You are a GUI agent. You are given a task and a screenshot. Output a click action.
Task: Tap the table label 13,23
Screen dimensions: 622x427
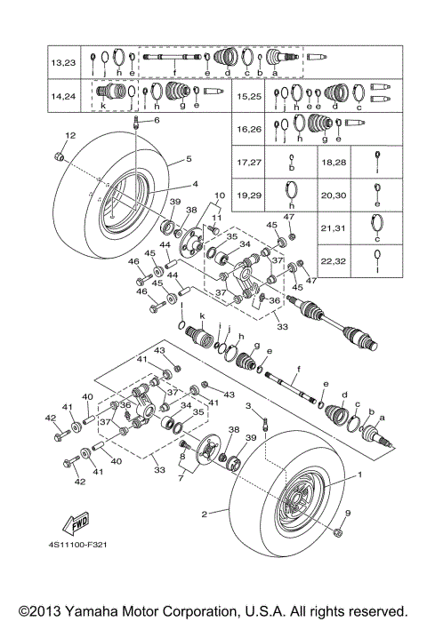click(x=63, y=62)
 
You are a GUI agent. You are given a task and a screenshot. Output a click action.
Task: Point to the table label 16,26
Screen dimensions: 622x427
click(x=250, y=128)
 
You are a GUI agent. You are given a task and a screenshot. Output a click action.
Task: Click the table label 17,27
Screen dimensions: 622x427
click(x=250, y=163)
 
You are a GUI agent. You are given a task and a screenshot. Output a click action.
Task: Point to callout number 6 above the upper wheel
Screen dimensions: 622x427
click(x=157, y=120)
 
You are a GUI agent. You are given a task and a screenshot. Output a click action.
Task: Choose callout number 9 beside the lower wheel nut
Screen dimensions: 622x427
click(x=348, y=514)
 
